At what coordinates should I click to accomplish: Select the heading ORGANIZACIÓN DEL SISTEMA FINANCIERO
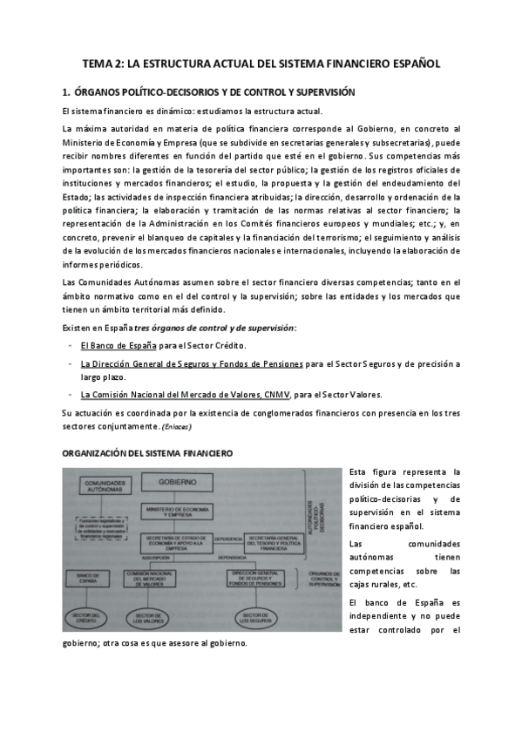146,455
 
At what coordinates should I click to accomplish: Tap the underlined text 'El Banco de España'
118,345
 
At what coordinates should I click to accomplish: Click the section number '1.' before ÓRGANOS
66,92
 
